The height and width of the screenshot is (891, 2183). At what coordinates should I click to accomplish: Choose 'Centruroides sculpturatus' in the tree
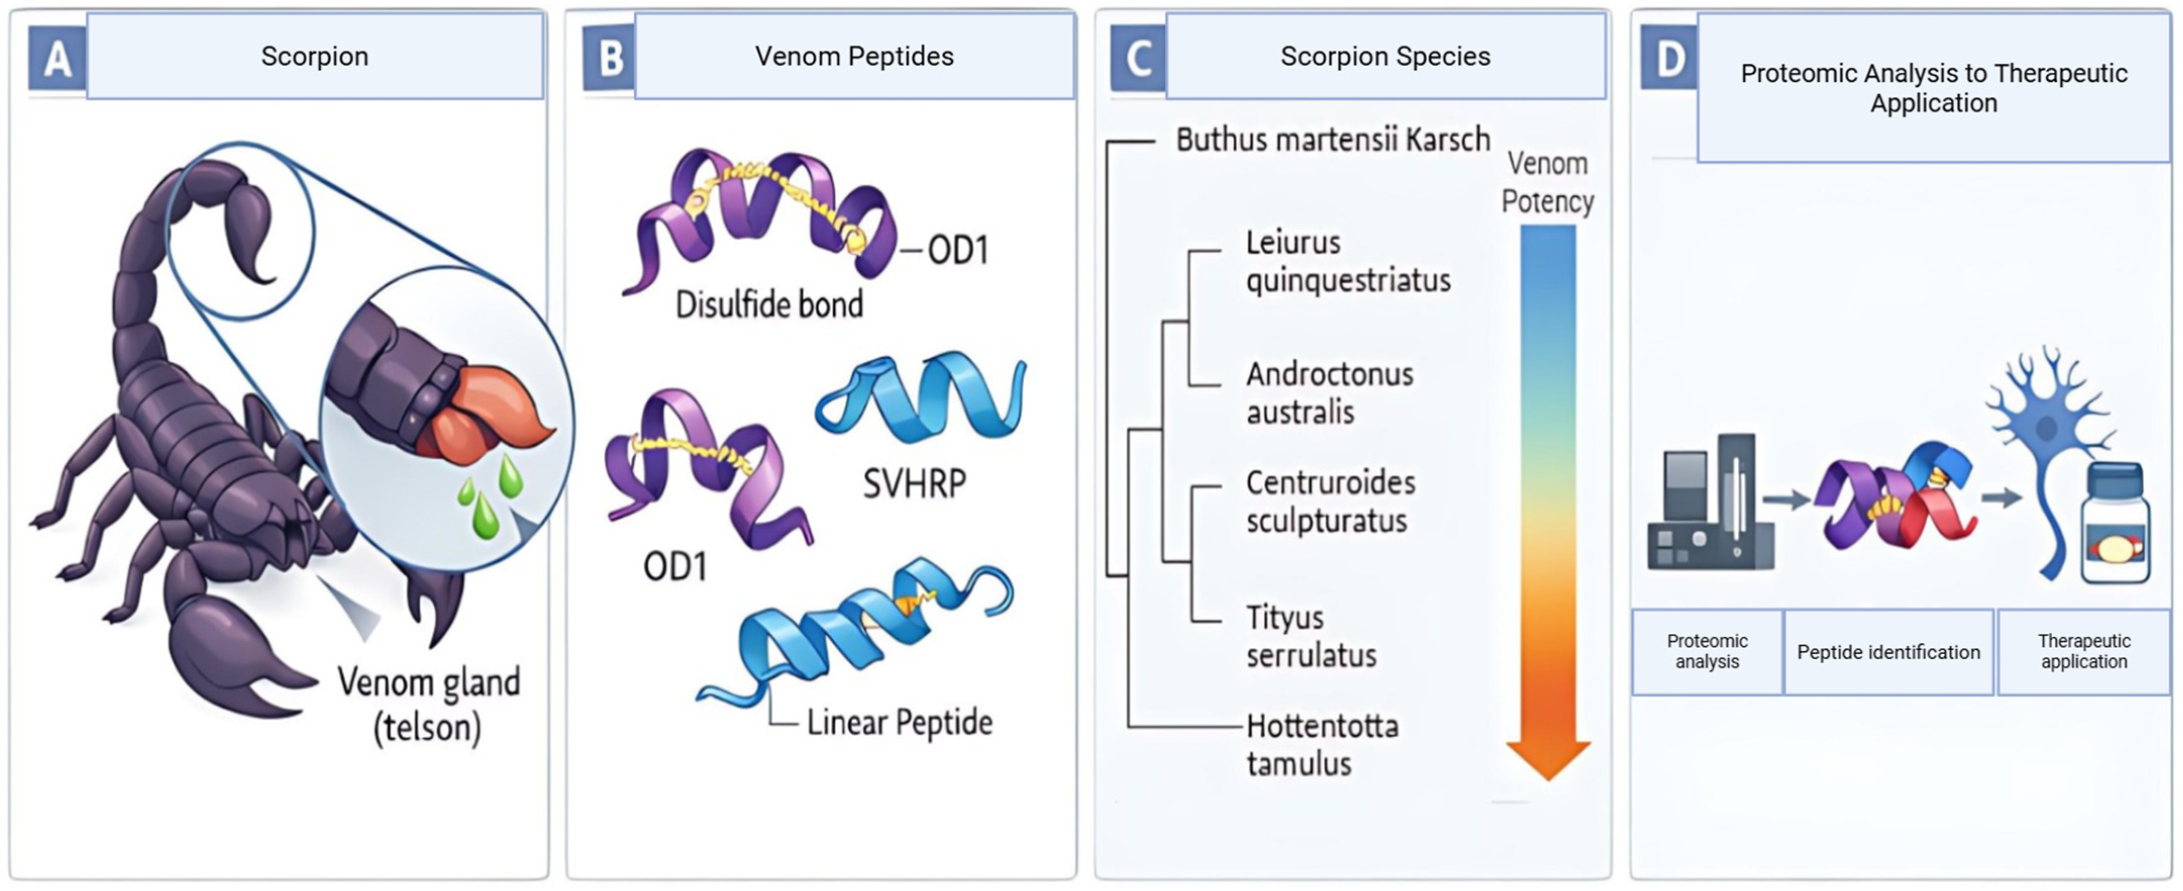(1330, 501)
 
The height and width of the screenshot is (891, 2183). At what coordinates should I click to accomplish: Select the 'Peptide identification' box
(1888, 652)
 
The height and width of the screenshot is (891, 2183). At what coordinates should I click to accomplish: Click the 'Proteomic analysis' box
(1707, 651)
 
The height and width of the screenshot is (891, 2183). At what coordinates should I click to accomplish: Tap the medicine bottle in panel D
(2115, 526)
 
